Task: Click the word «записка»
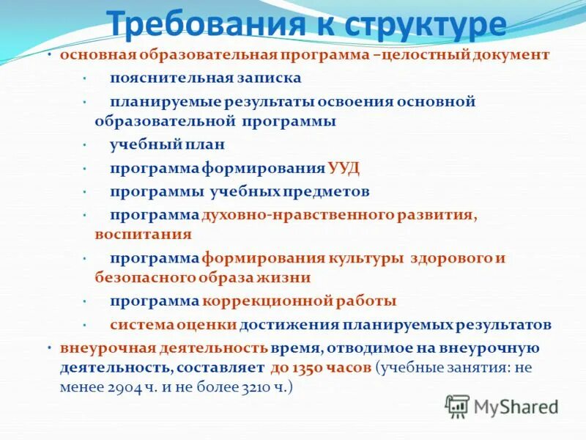click(264, 77)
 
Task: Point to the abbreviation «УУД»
click(344, 168)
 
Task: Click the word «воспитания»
click(143, 235)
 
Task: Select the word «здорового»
click(451, 258)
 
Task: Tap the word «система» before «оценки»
click(142, 324)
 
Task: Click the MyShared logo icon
click(457, 405)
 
